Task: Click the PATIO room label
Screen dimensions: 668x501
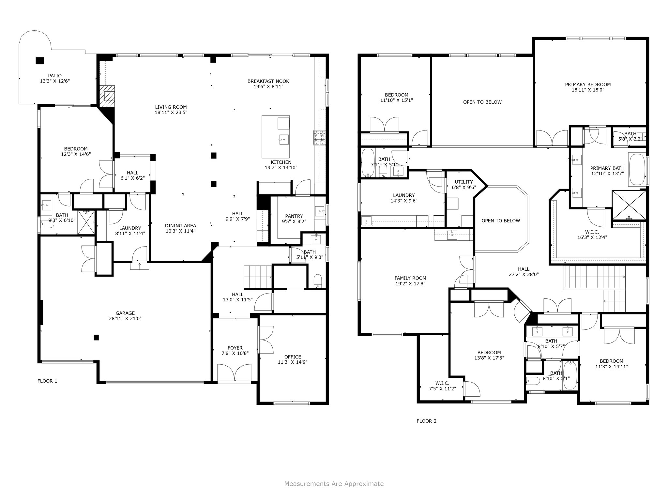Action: tap(55, 76)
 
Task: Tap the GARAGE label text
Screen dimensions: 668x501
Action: tap(125, 313)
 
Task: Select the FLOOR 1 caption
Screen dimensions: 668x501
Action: tap(47, 381)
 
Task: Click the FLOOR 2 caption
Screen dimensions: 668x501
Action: tap(426, 421)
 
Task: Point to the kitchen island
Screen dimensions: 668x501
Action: tap(276, 136)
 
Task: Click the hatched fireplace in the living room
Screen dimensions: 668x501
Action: tap(107, 96)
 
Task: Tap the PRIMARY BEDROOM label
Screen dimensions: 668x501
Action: tap(588, 84)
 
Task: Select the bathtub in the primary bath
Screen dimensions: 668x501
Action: tap(637, 169)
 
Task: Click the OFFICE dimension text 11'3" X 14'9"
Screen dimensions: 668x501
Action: tap(293, 362)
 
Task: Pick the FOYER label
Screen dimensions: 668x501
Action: tap(235, 348)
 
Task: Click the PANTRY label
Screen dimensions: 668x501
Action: tap(294, 216)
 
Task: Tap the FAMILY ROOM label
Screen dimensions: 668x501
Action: tap(410, 278)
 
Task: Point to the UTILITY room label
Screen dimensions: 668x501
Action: tap(463, 182)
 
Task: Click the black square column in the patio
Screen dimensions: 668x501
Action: tap(40, 61)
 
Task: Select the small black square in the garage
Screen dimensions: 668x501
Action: tap(96, 337)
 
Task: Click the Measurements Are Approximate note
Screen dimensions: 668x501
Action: tap(334, 484)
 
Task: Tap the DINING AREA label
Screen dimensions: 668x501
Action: tap(180, 226)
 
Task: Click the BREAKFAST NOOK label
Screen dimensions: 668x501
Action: tap(268, 81)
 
